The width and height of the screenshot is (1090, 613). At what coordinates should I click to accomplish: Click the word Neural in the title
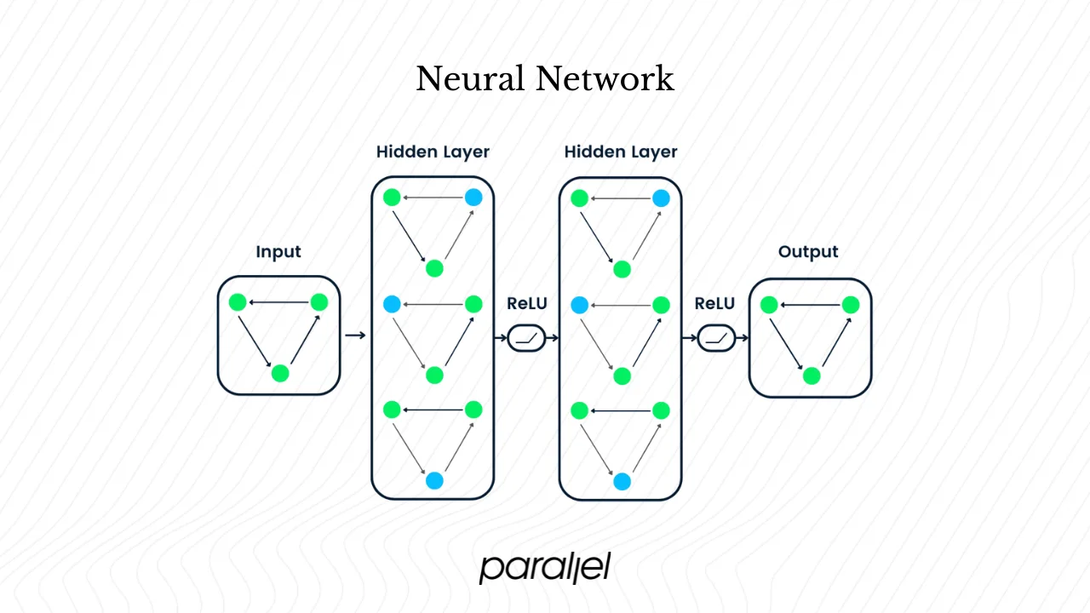coord(470,79)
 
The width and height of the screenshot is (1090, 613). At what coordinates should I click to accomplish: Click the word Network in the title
coord(605,79)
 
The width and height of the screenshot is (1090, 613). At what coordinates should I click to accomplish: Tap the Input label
coord(278,252)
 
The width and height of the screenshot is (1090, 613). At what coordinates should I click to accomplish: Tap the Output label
coord(808,252)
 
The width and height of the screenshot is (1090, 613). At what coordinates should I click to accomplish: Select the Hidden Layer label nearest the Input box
coord(433,152)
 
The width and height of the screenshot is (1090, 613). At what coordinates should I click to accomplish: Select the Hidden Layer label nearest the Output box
coord(621,152)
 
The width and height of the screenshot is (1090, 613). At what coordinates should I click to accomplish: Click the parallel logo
coord(545,567)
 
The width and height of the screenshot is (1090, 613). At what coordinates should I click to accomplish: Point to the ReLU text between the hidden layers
coord(527,304)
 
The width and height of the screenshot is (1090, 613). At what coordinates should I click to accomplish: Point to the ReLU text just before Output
coord(715,304)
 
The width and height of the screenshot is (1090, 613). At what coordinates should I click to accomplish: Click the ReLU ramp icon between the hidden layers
coord(527,339)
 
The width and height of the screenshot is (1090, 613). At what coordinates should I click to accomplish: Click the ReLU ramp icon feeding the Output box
coord(716,339)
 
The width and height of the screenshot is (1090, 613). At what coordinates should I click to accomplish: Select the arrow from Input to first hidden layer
coord(355,335)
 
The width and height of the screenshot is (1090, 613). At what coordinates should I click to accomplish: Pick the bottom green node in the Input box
coord(280,373)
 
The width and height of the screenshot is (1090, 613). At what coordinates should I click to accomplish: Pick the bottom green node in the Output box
coord(812,375)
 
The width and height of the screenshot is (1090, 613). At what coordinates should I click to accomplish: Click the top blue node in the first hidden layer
coord(473,198)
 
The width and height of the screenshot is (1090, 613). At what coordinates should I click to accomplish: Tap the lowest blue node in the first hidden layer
coord(434,480)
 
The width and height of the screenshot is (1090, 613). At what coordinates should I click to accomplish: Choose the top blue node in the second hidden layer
coord(661,198)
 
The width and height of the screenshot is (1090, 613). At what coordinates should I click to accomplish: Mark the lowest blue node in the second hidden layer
coord(622,481)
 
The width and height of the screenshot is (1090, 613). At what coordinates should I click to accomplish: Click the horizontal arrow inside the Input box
coord(278,302)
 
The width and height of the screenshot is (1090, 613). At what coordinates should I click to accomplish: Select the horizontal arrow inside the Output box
coord(809,305)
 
